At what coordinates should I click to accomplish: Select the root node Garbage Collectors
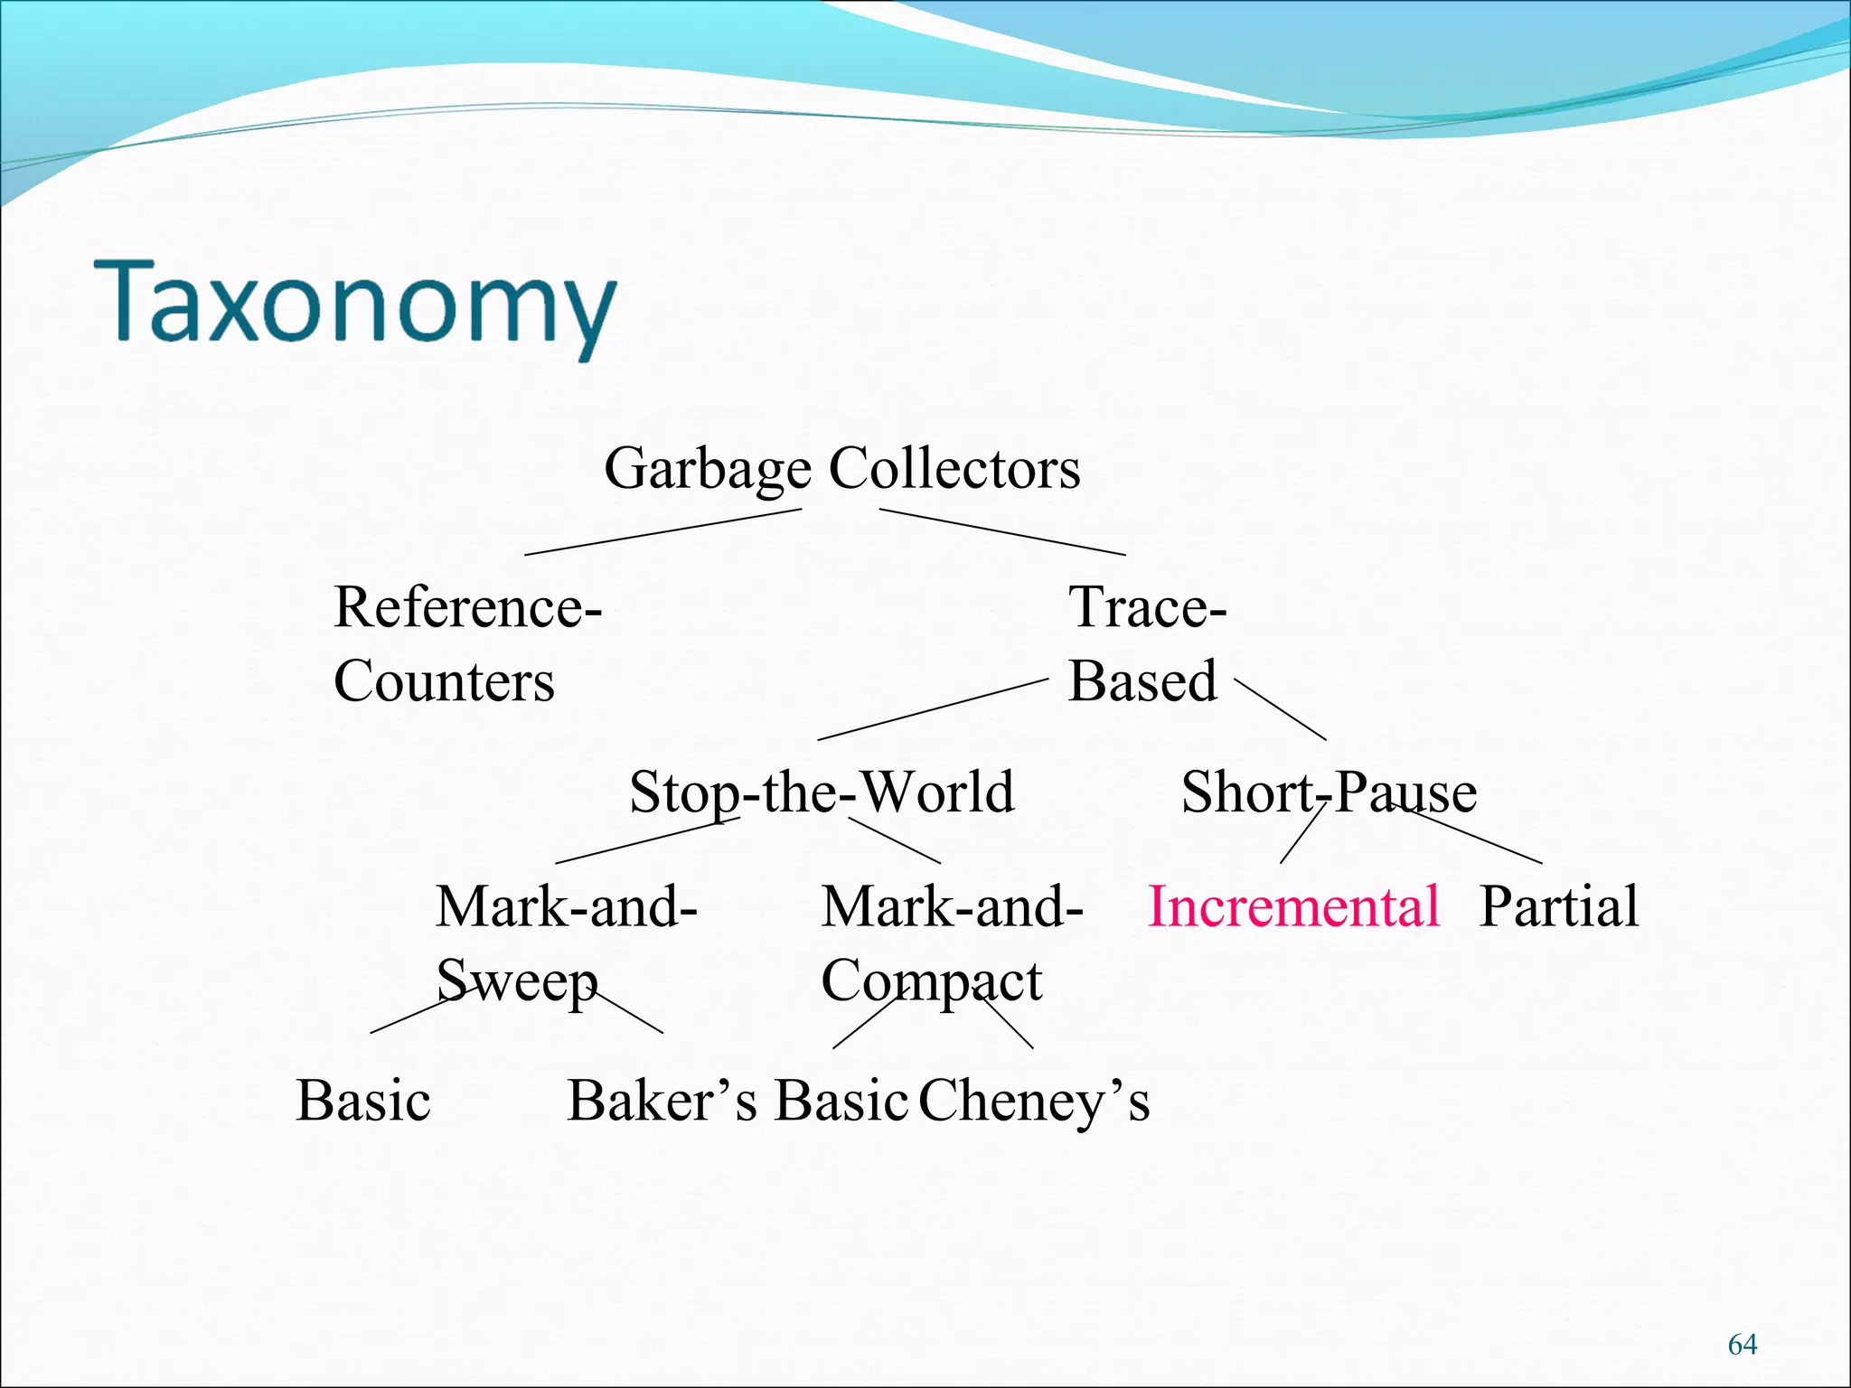pyautogui.click(x=841, y=468)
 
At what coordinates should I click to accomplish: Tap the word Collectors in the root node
pyautogui.click(x=954, y=468)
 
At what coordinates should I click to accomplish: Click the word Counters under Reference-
pyautogui.click(x=444, y=681)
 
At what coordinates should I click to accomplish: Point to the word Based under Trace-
pyautogui.click(x=1142, y=681)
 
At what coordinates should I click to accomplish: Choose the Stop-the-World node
pyautogui.click(x=822, y=792)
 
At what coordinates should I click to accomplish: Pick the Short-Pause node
pyautogui.click(x=1329, y=792)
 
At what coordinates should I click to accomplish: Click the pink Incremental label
pyautogui.click(x=1293, y=906)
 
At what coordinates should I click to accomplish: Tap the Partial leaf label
pyautogui.click(x=1558, y=906)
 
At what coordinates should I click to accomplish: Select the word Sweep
pyautogui.click(x=517, y=981)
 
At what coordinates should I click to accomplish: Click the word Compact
pyautogui.click(x=931, y=981)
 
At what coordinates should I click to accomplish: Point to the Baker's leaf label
pyautogui.click(x=662, y=1101)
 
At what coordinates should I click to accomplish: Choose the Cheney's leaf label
pyautogui.click(x=1034, y=1101)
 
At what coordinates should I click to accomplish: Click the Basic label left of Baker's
pyautogui.click(x=363, y=1101)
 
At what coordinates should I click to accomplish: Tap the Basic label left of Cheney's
pyautogui.click(x=841, y=1101)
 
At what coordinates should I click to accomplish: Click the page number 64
pyautogui.click(x=1742, y=1345)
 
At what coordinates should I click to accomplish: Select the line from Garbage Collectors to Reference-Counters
pyautogui.click(x=662, y=532)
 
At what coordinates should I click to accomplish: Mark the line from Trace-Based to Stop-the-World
pyautogui.click(x=933, y=709)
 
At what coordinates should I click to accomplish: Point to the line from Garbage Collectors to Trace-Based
pyautogui.click(x=1002, y=532)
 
